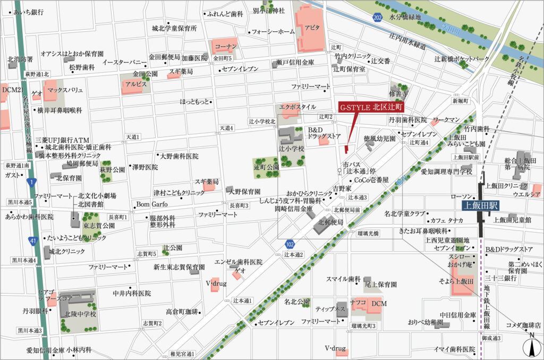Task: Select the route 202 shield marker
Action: [x=377, y=18]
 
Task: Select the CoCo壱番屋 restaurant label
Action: [x=372, y=180]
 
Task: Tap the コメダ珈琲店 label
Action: [x=523, y=325]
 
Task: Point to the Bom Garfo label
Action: [x=152, y=204]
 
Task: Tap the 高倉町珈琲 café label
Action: [x=182, y=311]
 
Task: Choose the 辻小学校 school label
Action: [x=291, y=150]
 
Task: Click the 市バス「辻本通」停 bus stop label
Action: [x=359, y=168]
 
